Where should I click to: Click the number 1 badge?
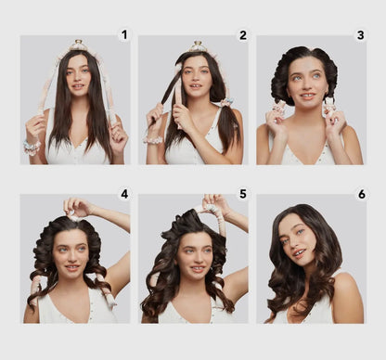coord(124,35)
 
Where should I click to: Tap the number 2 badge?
coord(243,35)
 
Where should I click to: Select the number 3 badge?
coord(361,35)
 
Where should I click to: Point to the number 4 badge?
coord(124,194)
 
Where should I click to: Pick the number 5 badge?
coord(243,194)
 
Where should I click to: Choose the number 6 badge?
coord(362,194)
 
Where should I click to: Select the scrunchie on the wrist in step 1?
coord(32,147)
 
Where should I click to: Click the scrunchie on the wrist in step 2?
coord(153,140)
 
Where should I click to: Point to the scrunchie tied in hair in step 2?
coord(225,102)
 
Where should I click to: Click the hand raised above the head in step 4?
coord(77,207)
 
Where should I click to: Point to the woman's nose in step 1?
coord(78,79)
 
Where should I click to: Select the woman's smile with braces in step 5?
coord(197,268)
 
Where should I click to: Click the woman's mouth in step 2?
coord(195,86)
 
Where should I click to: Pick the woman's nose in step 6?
coord(293,244)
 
